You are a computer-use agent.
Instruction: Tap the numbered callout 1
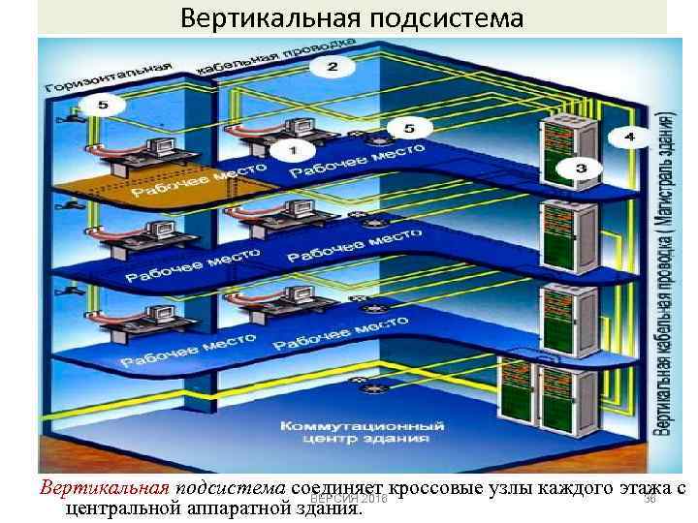coord(295,151)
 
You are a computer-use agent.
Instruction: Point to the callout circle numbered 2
coord(332,67)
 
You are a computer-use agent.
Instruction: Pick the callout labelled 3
coord(581,169)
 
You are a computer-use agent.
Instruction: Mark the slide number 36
coord(650,497)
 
